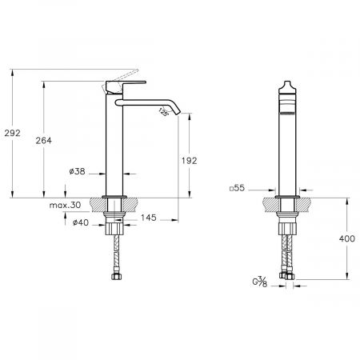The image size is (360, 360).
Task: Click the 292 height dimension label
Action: click(x=12, y=133)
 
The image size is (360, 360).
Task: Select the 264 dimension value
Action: click(x=44, y=141)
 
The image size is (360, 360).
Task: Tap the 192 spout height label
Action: click(x=190, y=161)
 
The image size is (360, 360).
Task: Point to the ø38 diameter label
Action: click(x=77, y=171)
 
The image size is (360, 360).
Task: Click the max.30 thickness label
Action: click(x=65, y=205)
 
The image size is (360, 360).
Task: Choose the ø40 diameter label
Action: click(x=81, y=222)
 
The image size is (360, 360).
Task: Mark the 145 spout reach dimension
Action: click(x=149, y=218)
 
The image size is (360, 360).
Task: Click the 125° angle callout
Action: click(x=164, y=112)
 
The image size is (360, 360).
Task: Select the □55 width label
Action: click(x=237, y=188)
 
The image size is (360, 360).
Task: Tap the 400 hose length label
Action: click(x=347, y=238)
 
